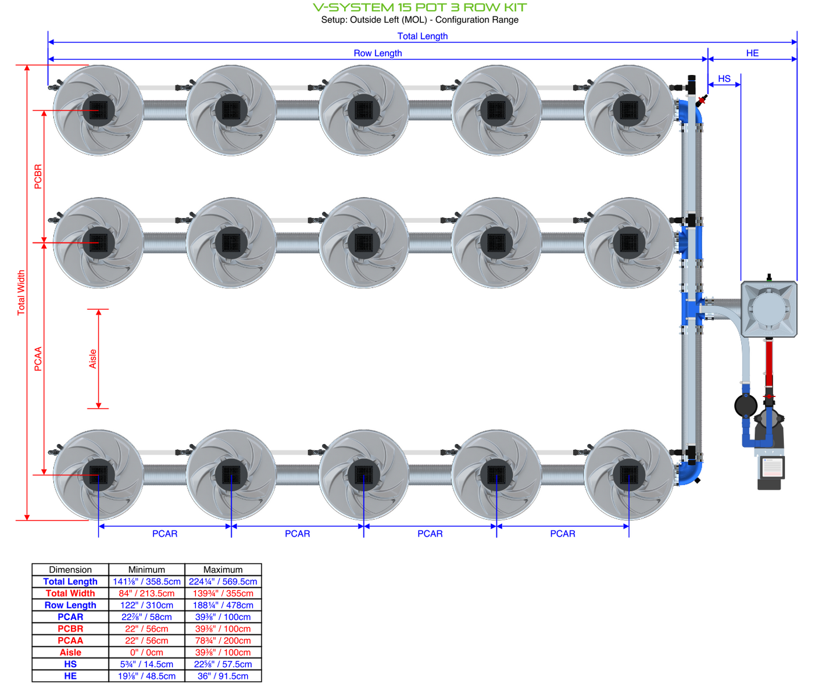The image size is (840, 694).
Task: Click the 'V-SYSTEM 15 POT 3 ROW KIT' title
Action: click(x=420, y=8)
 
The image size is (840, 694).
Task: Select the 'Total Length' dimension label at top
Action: click(x=423, y=36)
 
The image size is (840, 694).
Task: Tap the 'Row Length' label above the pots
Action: click(x=378, y=53)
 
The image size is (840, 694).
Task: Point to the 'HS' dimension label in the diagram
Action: click(x=724, y=79)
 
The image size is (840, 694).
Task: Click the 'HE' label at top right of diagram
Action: click(x=752, y=53)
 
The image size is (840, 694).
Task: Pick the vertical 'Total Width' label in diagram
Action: click(x=22, y=293)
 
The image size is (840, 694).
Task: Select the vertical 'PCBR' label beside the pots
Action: click(x=38, y=177)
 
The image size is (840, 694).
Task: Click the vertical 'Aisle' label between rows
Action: click(x=93, y=359)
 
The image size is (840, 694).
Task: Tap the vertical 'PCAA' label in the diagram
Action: click(x=38, y=359)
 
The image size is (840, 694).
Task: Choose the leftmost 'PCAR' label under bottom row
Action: click(x=165, y=534)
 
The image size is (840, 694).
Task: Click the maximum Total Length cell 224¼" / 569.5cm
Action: click(x=223, y=582)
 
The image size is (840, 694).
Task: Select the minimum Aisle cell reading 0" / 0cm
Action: click(x=146, y=653)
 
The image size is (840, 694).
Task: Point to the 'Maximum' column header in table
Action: click(x=223, y=570)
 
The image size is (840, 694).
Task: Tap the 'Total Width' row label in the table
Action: click(x=70, y=593)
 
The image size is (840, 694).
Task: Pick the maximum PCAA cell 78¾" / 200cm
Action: click(x=223, y=641)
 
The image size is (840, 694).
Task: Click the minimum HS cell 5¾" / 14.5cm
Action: click(x=146, y=664)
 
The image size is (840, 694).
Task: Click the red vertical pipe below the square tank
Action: click(x=769, y=360)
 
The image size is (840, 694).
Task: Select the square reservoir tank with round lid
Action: click(x=768, y=309)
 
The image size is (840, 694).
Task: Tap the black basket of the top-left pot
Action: click(x=98, y=110)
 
